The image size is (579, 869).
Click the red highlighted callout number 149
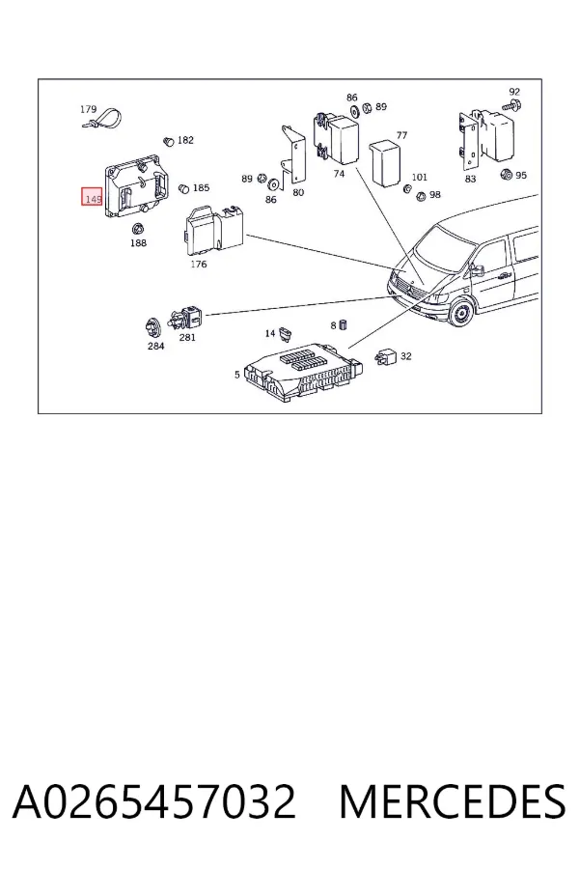pyautogui.click(x=92, y=196)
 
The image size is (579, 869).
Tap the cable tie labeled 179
pyautogui.click(x=103, y=120)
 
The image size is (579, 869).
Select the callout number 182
pyautogui.click(x=185, y=140)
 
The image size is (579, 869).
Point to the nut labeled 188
pyautogui.click(x=137, y=228)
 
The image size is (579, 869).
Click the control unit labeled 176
pyautogui.click(x=214, y=230)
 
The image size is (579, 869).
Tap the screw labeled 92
pyautogui.click(x=511, y=105)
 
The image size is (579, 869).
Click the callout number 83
pyautogui.click(x=470, y=179)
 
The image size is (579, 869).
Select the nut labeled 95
pyautogui.click(x=506, y=175)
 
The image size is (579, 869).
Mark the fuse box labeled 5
pyautogui.click(x=302, y=372)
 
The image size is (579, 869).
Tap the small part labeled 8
pyautogui.click(x=343, y=324)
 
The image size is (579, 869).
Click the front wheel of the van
pyautogui.click(x=461, y=315)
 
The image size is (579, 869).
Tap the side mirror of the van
pyautogui.click(x=477, y=270)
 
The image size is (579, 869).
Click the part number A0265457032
pyautogui.click(x=154, y=801)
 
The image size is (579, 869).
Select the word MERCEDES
pyautogui.click(x=453, y=801)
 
